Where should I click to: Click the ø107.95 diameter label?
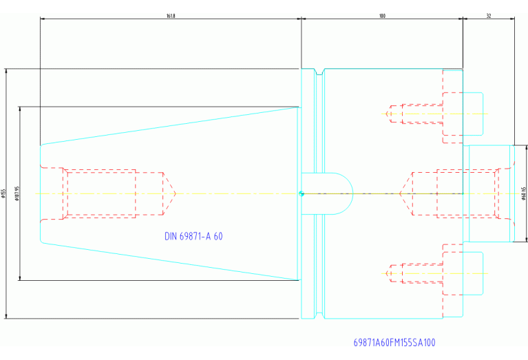point(17,193)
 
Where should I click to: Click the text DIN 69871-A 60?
point(193,236)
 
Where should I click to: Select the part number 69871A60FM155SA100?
point(394,342)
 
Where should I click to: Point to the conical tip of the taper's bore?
point(169,193)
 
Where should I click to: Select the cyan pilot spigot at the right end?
point(489,193)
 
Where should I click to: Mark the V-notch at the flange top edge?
point(318,72)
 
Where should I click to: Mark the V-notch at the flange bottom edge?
point(318,315)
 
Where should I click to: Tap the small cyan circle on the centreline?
point(301,193)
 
